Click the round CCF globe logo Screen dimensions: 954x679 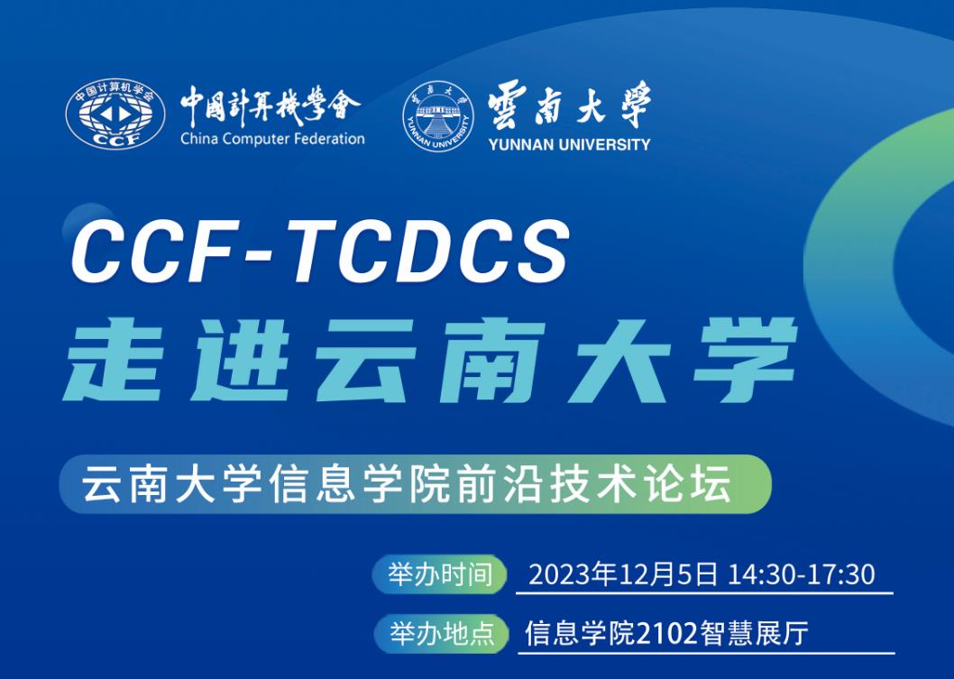115,114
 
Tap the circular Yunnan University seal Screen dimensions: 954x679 438,116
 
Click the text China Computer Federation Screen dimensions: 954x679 272,140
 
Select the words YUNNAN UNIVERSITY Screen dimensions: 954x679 569,144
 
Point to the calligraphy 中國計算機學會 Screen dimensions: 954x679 271,106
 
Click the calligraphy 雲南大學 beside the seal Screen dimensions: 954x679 569,105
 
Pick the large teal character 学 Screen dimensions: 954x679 746,360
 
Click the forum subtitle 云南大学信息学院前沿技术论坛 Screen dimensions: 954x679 407,484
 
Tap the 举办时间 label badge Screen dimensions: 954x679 440,573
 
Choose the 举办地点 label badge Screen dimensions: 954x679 441,633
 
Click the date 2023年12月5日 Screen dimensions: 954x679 623,574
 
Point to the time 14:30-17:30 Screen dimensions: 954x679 802,574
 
